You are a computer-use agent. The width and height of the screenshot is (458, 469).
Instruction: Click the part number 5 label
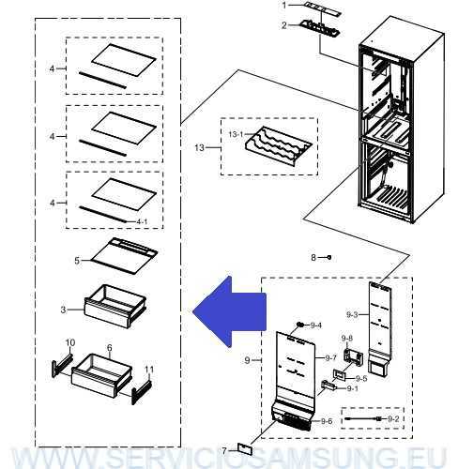77,260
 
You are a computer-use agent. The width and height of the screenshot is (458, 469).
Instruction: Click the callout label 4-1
142,221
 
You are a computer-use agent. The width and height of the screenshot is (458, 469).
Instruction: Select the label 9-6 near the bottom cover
326,422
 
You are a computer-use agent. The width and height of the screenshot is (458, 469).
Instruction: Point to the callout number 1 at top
284,7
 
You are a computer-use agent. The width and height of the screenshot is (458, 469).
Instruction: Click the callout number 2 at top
284,25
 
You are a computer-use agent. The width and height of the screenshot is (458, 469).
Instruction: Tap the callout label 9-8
346,339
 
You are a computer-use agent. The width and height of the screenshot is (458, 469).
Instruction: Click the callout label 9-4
315,325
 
